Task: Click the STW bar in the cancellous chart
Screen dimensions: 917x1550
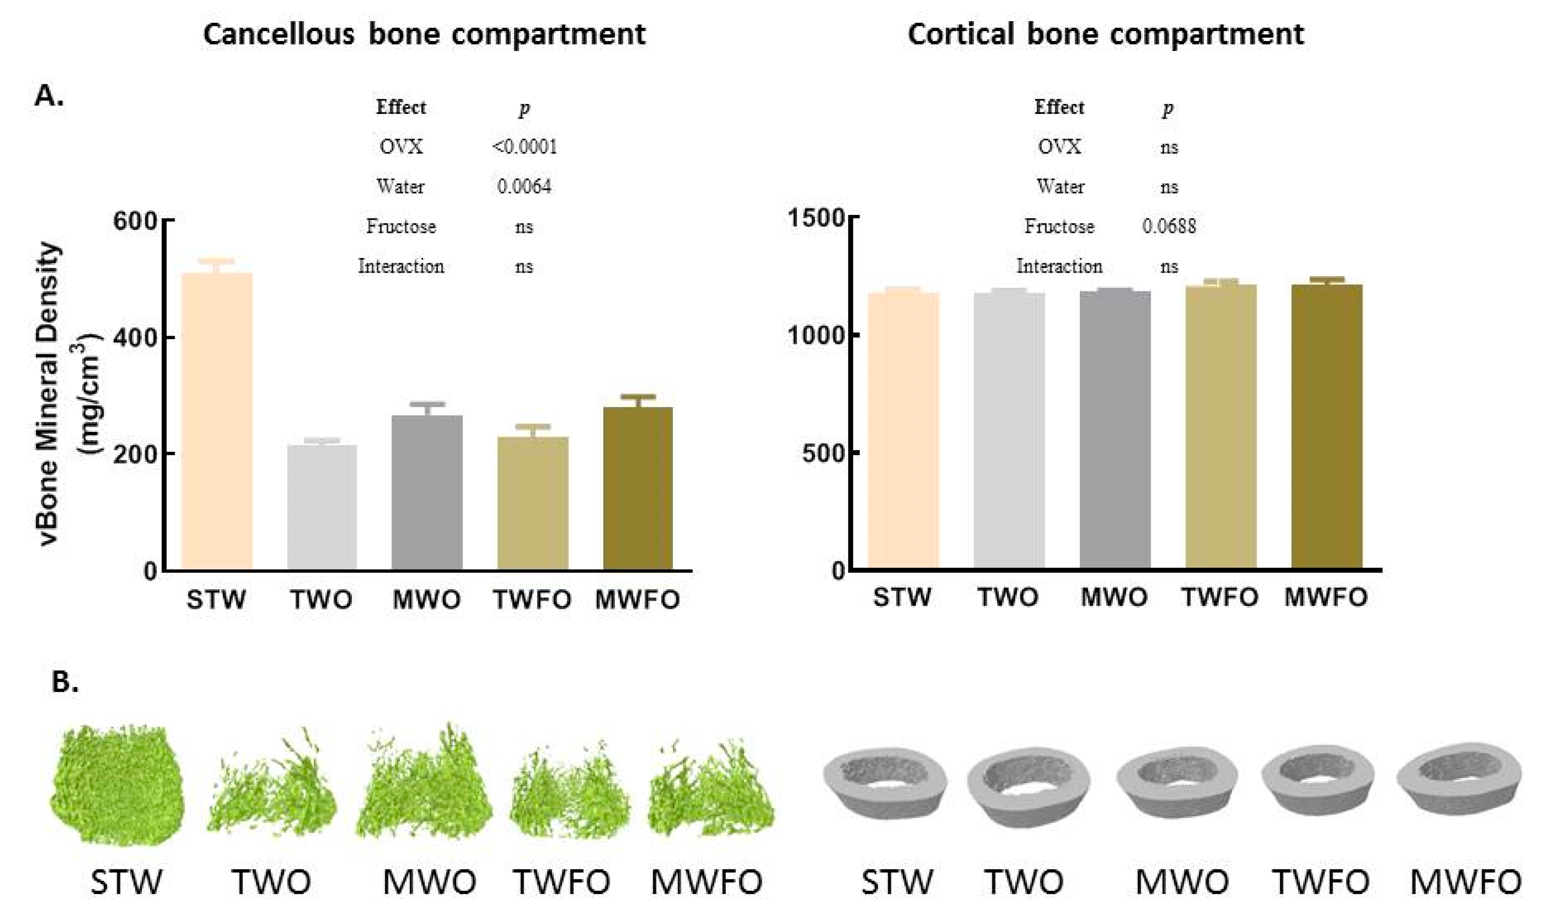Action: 217,420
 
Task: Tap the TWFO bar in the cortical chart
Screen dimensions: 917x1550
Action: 1220,426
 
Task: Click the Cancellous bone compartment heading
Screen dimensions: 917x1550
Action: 424,34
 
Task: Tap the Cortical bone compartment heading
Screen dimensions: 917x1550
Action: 1105,34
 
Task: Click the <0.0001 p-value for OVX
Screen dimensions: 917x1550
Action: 524,147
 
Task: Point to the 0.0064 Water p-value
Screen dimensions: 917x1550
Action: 524,186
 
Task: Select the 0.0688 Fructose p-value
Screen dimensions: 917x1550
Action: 1168,227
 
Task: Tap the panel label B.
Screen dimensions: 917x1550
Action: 65,682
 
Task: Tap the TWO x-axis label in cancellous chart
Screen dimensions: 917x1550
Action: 321,600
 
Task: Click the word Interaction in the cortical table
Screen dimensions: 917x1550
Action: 1059,266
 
